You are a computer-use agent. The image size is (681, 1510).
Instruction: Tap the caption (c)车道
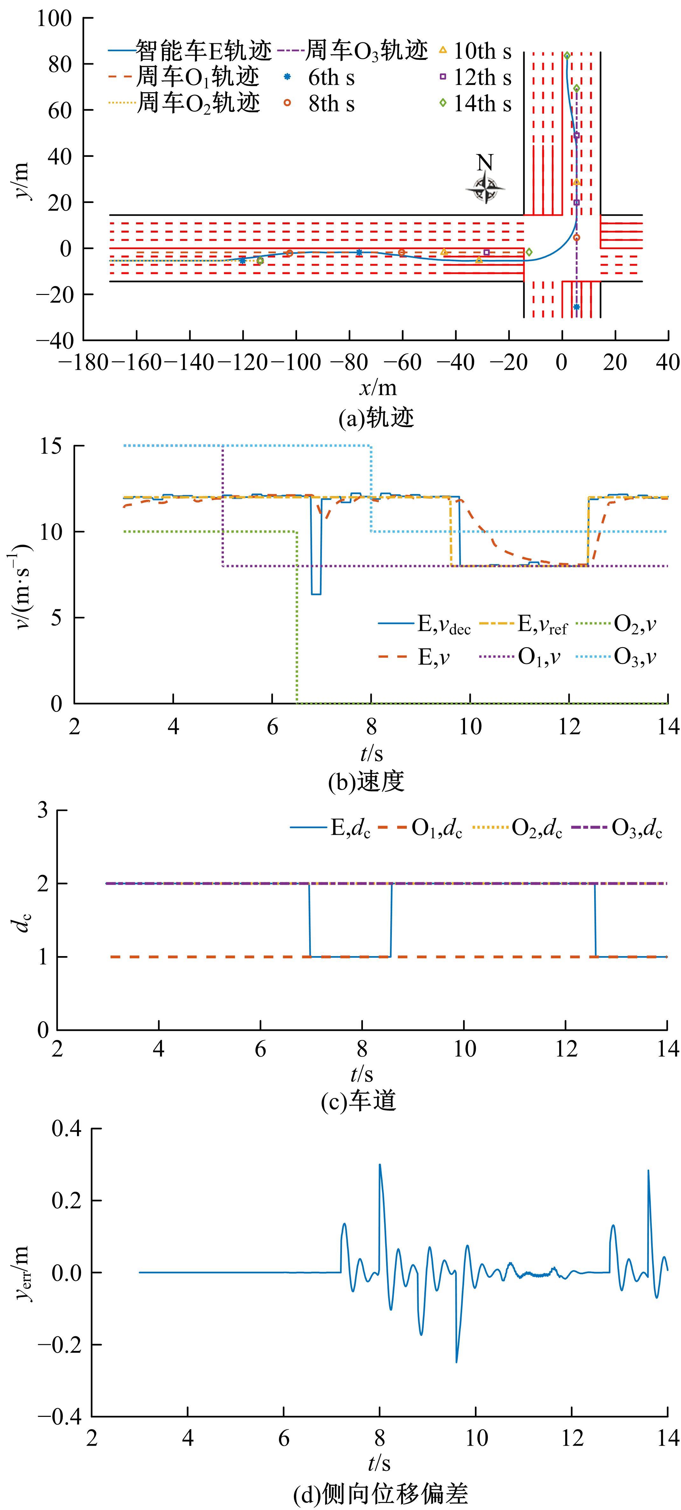click(x=359, y=1100)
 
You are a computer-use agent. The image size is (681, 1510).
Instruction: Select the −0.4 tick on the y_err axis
click(x=60, y=1417)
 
